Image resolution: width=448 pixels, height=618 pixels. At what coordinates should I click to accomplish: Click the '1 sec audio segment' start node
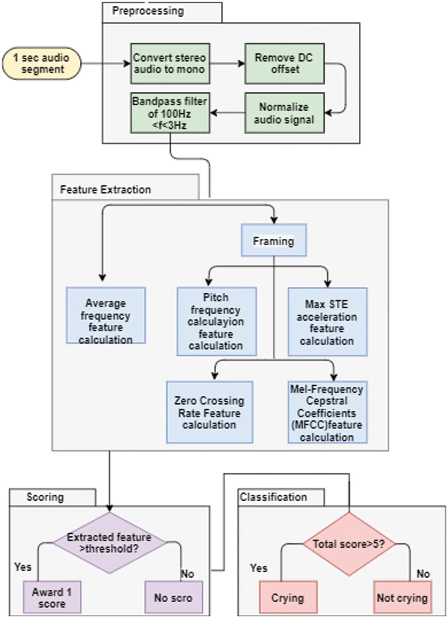(41, 63)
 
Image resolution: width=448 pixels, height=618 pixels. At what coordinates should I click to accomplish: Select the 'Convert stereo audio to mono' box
(170, 63)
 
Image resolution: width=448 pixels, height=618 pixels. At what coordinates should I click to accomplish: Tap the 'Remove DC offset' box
(284, 63)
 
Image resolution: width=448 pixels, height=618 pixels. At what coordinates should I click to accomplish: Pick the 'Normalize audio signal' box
(284, 113)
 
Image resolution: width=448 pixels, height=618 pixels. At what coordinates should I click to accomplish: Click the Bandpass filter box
(170, 113)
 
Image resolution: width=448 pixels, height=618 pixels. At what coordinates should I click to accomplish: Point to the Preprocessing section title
(148, 11)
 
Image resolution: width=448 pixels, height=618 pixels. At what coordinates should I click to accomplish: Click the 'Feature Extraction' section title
(105, 189)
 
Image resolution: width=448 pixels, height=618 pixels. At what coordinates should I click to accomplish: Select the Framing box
(274, 240)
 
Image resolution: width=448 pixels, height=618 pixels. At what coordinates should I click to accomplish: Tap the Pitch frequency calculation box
(216, 321)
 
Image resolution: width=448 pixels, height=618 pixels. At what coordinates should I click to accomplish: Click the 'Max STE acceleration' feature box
(327, 321)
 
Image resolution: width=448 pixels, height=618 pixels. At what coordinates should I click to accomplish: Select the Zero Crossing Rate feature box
(209, 412)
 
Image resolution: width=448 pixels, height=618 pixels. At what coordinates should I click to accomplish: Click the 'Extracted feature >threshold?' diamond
(109, 543)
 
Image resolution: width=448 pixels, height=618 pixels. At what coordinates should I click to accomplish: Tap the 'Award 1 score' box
(52, 597)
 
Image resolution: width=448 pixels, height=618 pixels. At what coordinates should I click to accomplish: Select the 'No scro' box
(173, 597)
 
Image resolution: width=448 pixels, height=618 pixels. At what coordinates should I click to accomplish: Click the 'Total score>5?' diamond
(349, 544)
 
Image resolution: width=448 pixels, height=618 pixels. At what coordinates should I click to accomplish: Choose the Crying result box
(288, 597)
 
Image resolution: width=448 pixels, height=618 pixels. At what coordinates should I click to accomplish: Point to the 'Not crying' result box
(402, 597)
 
